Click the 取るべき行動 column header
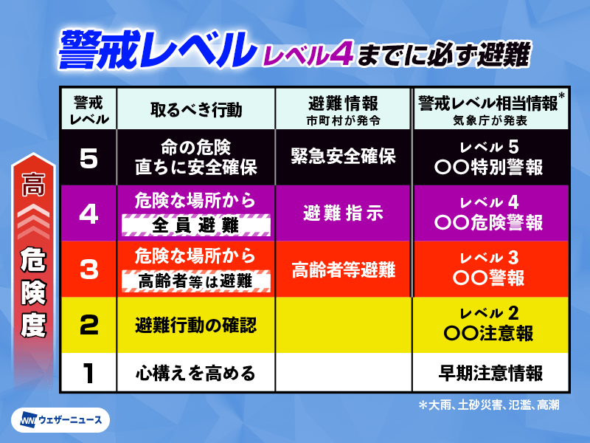(x=196, y=110)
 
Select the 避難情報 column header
(x=343, y=103)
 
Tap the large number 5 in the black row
(x=88, y=158)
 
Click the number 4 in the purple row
(x=88, y=213)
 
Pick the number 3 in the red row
(x=88, y=269)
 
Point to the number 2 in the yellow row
(x=88, y=325)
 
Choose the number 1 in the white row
(x=88, y=374)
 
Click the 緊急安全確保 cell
(x=343, y=156)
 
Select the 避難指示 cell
(x=343, y=213)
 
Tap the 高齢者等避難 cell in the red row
(x=343, y=269)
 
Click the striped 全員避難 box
(x=195, y=225)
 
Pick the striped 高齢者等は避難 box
(x=195, y=281)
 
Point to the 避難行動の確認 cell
(x=195, y=325)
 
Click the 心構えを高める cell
(x=195, y=374)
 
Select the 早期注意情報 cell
(x=490, y=374)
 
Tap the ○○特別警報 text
(x=488, y=167)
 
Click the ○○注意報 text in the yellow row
(x=488, y=333)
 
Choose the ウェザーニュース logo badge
(x=60, y=419)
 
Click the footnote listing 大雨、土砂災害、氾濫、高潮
(x=489, y=405)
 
